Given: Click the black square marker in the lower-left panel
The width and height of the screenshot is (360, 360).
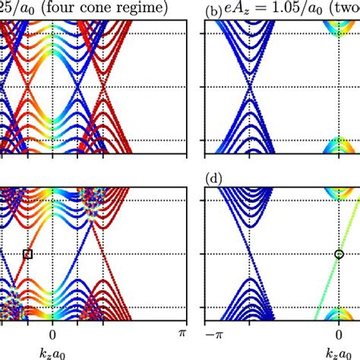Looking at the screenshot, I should pos(28,254).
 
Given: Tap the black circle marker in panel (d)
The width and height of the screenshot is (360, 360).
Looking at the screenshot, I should pos(339,254).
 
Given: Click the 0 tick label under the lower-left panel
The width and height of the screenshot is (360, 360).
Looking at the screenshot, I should pos(52,333).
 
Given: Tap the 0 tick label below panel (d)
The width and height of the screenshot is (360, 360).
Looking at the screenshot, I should pos(339,333).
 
